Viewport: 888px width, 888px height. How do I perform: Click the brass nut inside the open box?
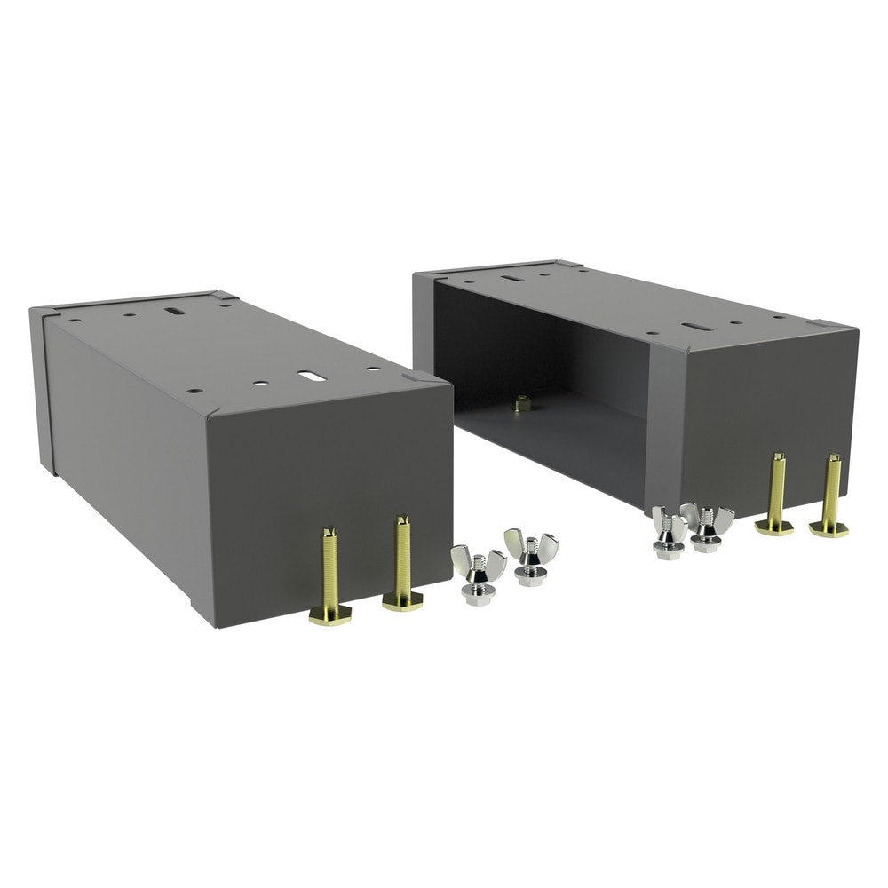[x=522, y=403]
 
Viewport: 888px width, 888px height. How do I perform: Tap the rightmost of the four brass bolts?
[x=830, y=497]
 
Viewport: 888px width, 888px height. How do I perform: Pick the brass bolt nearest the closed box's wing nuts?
[x=402, y=565]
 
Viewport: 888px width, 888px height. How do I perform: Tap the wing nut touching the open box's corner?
[x=668, y=531]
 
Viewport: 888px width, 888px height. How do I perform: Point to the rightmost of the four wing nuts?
[x=708, y=526]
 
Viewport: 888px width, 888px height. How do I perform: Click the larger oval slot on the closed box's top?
[x=311, y=376]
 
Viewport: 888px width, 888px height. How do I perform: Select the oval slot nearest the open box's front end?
[x=697, y=327]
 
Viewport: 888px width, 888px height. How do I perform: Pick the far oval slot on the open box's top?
[x=511, y=278]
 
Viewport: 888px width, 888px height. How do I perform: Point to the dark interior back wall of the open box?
[x=533, y=346]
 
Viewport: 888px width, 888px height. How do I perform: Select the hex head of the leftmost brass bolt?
[x=330, y=615]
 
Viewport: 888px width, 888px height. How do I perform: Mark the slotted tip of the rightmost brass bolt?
[x=833, y=459]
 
